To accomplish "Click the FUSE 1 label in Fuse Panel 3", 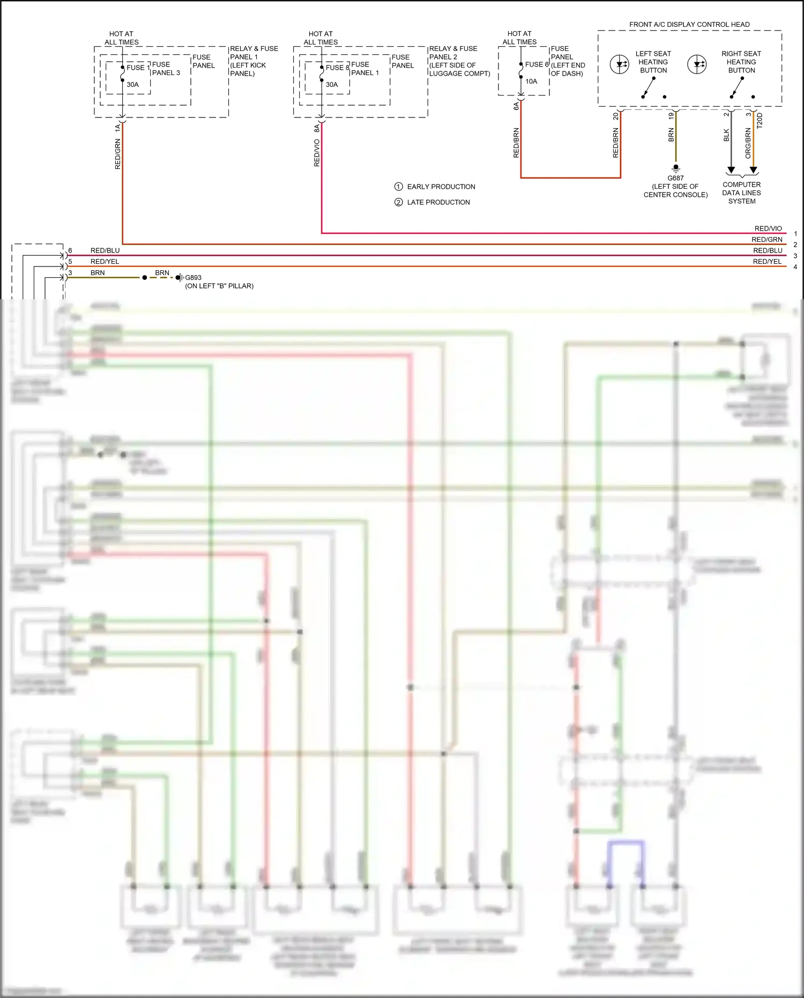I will [138, 68].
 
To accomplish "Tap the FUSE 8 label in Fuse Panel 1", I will [337, 68].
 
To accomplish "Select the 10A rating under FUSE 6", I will [531, 82].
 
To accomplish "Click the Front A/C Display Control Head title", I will [689, 25].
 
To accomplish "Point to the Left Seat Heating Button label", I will [653, 62].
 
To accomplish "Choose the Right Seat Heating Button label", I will [741, 62].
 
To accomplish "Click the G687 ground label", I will [675, 178].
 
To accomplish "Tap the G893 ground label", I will [193, 278].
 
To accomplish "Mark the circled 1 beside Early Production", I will [398, 187].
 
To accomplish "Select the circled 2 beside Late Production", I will [398, 202].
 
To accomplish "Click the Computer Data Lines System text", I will [741, 193].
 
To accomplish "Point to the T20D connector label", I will [760, 121].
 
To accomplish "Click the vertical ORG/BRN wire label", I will [748, 143].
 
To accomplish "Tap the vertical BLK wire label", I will [726, 135].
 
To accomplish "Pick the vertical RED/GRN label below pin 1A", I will [118, 154].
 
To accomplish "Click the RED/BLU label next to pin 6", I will [105, 250].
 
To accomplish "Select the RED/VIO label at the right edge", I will [768, 228].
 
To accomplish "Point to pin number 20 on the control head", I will [615, 116].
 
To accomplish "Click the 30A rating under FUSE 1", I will [132, 85].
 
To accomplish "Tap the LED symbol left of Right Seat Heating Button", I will [697, 64].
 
